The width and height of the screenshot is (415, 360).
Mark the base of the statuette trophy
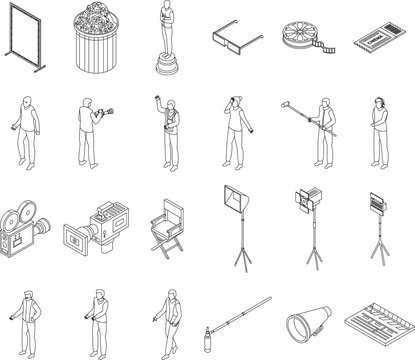click(166, 64)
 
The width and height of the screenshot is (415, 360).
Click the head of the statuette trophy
click(166, 7)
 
